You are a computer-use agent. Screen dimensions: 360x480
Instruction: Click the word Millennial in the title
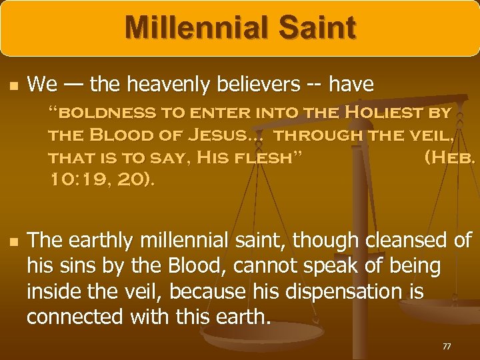190,29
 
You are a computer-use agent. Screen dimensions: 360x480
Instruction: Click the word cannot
281,266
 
